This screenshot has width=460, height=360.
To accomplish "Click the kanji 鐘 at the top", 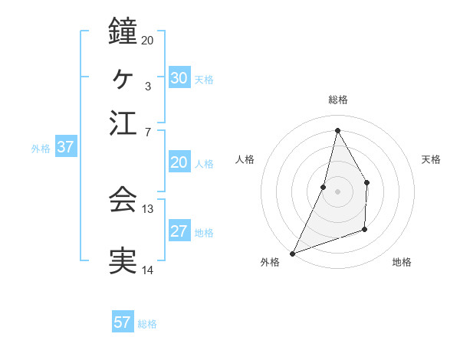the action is point(123,31).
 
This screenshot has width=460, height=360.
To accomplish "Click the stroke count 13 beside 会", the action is point(147,208).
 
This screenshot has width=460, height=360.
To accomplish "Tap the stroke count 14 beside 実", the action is point(147,270).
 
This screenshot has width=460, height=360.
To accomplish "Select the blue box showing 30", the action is point(179,78).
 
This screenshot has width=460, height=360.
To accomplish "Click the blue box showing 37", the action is point(65,148).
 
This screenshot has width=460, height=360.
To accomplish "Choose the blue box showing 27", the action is point(179,232).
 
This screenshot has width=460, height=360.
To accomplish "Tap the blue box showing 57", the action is point(123,322).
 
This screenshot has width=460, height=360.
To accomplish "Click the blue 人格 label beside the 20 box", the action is point(204,164).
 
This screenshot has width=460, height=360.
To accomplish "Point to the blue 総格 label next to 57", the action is point(147,324).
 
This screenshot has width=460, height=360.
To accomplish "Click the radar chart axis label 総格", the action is point(337,100).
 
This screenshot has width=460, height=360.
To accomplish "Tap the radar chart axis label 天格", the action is point(432,159).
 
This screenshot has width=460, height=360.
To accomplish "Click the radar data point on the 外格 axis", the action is point(292,254).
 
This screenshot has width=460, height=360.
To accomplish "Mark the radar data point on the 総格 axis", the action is point(337,129).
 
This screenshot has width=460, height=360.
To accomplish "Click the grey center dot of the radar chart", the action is point(337,191).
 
